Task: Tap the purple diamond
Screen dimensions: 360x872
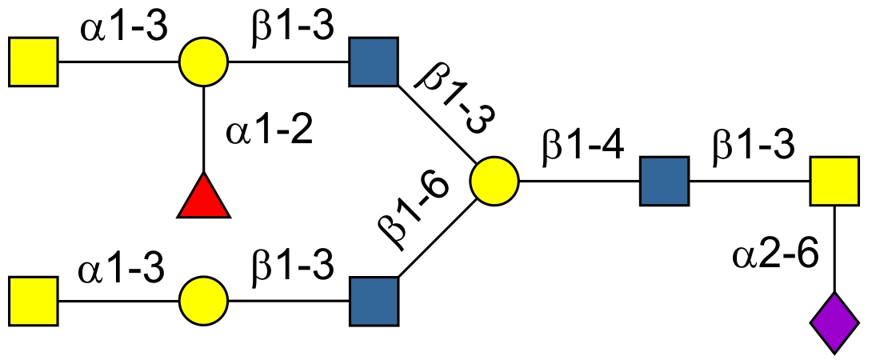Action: coord(834,322)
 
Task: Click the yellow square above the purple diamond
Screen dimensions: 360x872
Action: coord(834,182)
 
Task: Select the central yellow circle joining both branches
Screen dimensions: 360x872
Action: coord(494,182)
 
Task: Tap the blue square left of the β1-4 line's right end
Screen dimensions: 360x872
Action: coord(664,182)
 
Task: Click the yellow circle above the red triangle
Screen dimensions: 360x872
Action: coord(203,61)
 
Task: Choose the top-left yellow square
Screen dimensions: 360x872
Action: coord(34,61)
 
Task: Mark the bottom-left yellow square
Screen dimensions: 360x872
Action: coord(34,302)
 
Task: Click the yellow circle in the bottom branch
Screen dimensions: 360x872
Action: coord(203,302)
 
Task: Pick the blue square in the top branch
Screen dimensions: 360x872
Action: coord(374,61)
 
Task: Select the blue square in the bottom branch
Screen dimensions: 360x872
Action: coord(374,302)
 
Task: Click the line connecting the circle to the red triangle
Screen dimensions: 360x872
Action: coord(203,128)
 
